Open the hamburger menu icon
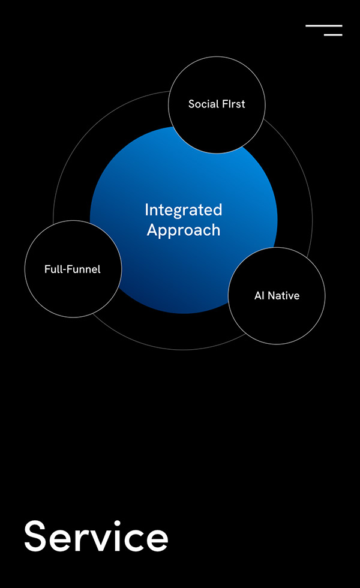pos(324,31)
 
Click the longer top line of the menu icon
pos(324,25)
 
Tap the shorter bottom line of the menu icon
pos(333,35)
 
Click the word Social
pos(201,104)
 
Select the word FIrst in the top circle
pos(231,104)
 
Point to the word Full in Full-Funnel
pos(52,269)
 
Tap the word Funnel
pos(82,269)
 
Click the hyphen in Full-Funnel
pos(61,270)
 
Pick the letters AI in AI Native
pos(259,295)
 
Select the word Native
pos(283,295)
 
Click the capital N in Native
pos(271,295)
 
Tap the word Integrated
pos(184,211)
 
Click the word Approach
pos(184,230)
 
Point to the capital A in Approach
pos(152,229)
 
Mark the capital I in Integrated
pos(146,209)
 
